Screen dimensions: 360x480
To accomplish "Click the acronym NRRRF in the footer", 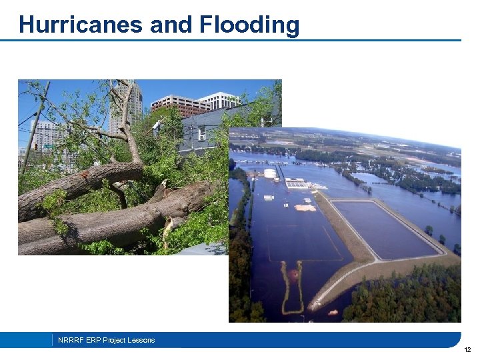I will coord(70,340).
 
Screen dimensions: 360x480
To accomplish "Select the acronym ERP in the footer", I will coord(91,340).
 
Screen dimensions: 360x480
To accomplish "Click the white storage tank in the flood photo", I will coord(270,174).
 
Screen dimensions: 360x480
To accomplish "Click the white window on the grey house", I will coord(201,133).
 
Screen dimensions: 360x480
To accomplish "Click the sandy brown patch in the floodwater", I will coord(305,207).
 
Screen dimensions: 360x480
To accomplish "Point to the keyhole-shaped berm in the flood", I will coord(293,287).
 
